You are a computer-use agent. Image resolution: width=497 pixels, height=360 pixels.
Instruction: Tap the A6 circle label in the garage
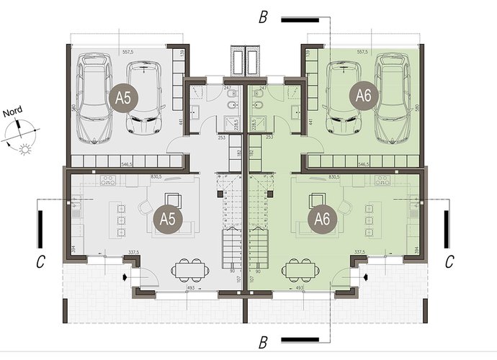pyautogui.click(x=362, y=95)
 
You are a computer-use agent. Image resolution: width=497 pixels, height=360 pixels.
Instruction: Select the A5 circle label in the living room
pyautogui.click(x=166, y=217)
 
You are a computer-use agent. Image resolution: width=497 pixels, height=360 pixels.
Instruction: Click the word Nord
pyautogui.click(x=12, y=112)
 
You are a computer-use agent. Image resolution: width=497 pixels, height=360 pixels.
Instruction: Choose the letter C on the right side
pyautogui.click(x=448, y=263)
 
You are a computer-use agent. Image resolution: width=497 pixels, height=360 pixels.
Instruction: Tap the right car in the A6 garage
pyautogui.click(x=392, y=97)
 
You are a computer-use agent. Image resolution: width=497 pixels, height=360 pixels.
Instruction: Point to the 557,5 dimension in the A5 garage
pyautogui.click(x=130, y=52)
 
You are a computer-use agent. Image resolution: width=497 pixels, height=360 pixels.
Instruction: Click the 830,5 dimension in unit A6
pyautogui.click(x=333, y=176)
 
